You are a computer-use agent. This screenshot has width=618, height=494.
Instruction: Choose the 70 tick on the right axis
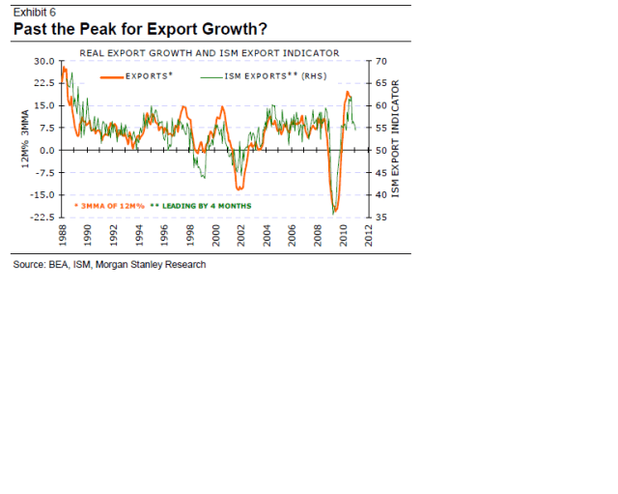(x=379, y=62)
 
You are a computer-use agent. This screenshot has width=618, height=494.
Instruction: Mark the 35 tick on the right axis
(x=379, y=218)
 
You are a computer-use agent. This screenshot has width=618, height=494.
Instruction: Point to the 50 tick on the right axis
(x=379, y=151)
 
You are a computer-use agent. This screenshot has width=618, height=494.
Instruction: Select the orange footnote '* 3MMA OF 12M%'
(x=109, y=206)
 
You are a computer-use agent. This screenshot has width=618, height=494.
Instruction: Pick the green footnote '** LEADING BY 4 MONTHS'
(x=201, y=206)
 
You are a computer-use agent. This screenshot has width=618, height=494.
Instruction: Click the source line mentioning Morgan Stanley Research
(x=109, y=264)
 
